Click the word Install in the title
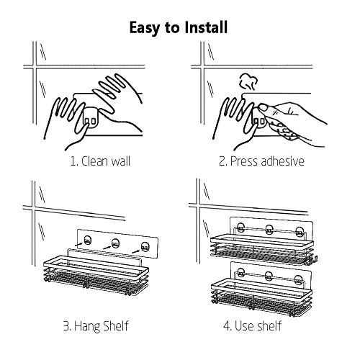point(206,27)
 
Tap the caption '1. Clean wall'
point(100,161)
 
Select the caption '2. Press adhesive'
point(261,161)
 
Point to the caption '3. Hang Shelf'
point(96,326)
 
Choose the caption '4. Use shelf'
point(252,326)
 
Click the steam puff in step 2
point(248,82)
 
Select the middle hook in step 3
point(115,243)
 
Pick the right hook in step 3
point(145,247)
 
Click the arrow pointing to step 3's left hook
point(79,244)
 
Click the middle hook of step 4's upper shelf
point(269,230)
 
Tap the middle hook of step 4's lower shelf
point(269,276)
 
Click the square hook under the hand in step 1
point(90,118)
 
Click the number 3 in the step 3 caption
point(66,326)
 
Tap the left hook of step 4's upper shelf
point(240,228)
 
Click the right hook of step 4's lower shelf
point(299,280)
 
